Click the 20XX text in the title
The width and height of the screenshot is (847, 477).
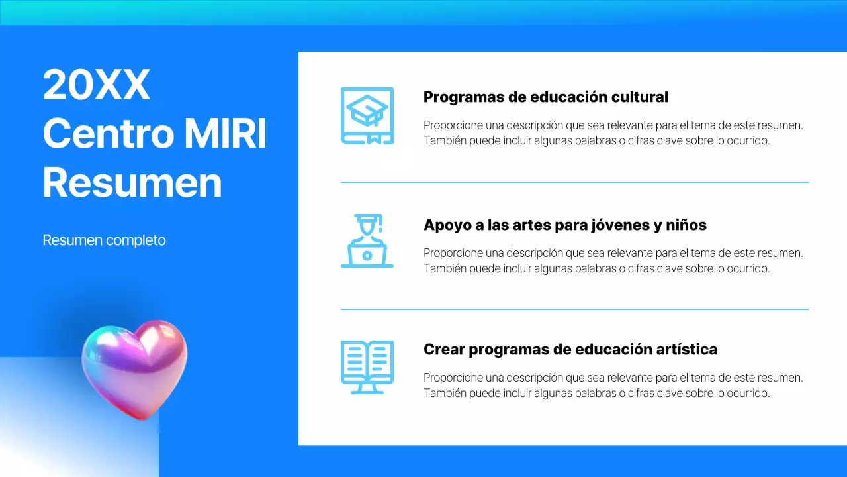point(97,85)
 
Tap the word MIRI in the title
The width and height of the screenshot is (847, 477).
point(226,133)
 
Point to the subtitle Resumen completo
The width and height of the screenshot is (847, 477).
point(104,240)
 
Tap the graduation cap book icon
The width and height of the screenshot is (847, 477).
point(367,115)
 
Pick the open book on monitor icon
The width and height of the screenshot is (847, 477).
point(367,366)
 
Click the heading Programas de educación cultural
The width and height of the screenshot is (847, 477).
point(545,97)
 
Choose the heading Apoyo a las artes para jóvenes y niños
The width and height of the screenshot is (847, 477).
point(564,225)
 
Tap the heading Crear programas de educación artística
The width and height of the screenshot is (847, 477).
point(570,349)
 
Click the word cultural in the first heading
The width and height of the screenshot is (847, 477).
point(640,97)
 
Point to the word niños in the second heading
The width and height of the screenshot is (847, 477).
point(686,225)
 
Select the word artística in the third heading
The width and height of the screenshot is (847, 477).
point(688,349)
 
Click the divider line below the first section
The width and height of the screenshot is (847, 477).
point(574,182)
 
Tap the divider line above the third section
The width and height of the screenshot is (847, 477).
point(574,309)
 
